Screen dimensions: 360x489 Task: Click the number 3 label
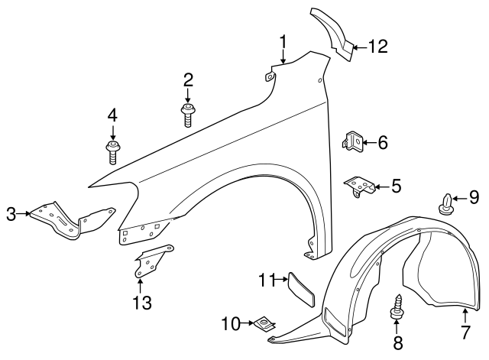pos(11,215)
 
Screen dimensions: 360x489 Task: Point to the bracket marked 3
pos(69,220)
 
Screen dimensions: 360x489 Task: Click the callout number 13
pos(141,303)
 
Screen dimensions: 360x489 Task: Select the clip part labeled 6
pos(351,141)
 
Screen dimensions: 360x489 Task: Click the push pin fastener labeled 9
pos(446,205)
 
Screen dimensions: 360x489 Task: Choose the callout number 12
pos(377,47)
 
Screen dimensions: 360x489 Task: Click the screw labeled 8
pos(398,310)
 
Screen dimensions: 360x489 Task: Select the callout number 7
pos(466,333)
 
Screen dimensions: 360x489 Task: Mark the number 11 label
pos(264,281)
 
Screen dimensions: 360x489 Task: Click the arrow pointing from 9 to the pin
pos(457,199)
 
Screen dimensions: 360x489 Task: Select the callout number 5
pos(396,186)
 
